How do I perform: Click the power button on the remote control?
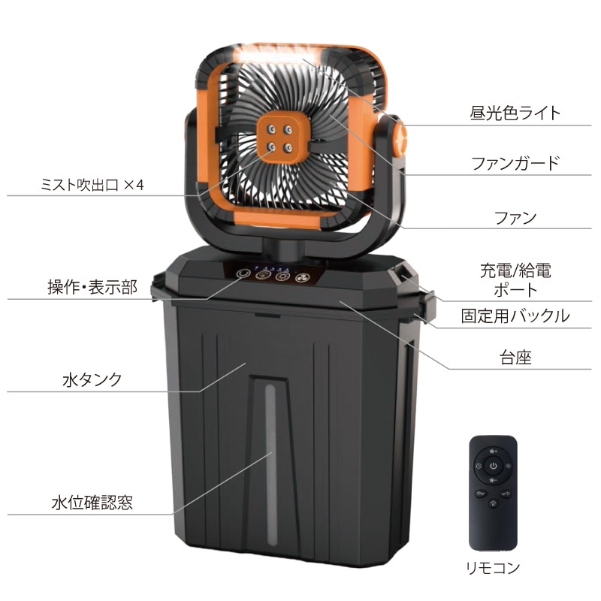(x=493, y=466)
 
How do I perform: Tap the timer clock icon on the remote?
(x=479, y=466)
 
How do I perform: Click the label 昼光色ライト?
(x=515, y=113)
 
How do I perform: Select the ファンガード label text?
(x=515, y=164)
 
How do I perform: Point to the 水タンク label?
(x=92, y=380)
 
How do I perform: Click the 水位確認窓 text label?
(x=92, y=503)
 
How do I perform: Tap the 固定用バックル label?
(x=515, y=316)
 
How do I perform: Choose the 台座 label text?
(x=515, y=358)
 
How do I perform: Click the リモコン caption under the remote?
(x=493, y=568)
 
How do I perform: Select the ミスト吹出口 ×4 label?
(x=92, y=185)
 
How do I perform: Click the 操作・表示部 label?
(x=92, y=287)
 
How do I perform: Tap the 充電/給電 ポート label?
(x=515, y=280)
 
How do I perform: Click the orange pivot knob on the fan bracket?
(x=400, y=139)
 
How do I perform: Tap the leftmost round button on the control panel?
(x=243, y=273)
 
